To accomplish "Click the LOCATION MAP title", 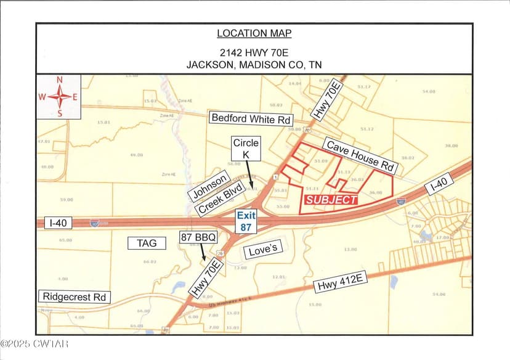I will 254,33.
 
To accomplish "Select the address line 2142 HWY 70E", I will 254,52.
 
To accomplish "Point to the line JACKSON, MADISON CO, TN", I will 254,64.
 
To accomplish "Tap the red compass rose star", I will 59,96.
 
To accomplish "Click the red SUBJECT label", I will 331,200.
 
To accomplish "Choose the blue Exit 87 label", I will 246,221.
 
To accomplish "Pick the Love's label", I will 263,251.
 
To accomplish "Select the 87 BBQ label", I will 196,237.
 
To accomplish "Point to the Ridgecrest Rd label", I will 75,297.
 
